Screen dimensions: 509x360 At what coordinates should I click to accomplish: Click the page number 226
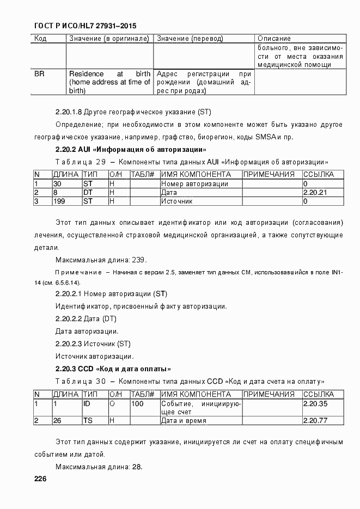pos(40,479)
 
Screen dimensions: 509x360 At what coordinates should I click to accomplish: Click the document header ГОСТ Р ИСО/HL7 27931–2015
pos(85,26)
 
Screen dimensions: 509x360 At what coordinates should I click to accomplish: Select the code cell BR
pos(39,73)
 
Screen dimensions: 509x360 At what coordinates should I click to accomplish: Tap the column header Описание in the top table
pos(274,39)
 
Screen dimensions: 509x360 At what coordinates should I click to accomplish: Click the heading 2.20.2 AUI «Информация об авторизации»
pos(130,149)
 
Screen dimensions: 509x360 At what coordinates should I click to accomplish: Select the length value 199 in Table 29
pos(59,201)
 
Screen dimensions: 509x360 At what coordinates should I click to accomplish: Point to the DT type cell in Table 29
pos(88,193)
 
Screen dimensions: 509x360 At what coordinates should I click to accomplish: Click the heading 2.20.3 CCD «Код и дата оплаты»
pos(113,369)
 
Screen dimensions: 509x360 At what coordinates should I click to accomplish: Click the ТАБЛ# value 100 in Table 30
pos(138,404)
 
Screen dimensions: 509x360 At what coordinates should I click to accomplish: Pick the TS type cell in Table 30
pos(88,421)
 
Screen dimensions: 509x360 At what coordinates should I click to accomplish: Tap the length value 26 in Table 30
pos(57,421)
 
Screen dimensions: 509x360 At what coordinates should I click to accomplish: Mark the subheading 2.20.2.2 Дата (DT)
pos(86,318)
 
